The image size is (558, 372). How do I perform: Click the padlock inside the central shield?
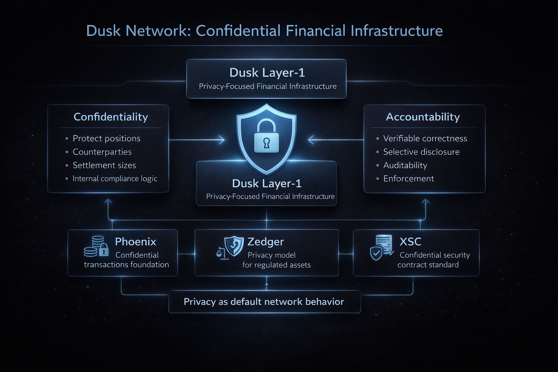pyautogui.click(x=266, y=137)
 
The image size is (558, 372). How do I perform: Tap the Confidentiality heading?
pyautogui.click(x=111, y=117)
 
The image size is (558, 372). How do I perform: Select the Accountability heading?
pyautogui.click(x=423, y=117)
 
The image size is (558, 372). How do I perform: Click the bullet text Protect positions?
pyautogui.click(x=106, y=138)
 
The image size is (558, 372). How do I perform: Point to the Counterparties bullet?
pyautogui.click(x=102, y=152)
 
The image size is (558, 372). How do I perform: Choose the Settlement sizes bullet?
pyautogui.click(x=104, y=165)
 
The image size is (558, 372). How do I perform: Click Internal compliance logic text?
pyautogui.click(x=115, y=179)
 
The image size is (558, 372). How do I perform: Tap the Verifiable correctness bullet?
pyautogui.click(x=425, y=138)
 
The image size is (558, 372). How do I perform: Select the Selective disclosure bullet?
pyautogui.click(x=421, y=152)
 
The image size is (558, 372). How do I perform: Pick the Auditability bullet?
pyautogui.click(x=405, y=165)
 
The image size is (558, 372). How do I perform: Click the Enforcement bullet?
pyautogui.click(x=408, y=179)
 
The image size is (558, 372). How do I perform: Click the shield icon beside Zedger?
pyautogui.click(x=234, y=246)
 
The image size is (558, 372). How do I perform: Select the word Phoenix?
pyautogui.click(x=136, y=242)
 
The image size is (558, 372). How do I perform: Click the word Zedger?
pyautogui.click(x=266, y=242)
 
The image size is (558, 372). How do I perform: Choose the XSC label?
pyautogui.click(x=410, y=242)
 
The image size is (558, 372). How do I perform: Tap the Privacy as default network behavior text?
pyautogui.click(x=264, y=302)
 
